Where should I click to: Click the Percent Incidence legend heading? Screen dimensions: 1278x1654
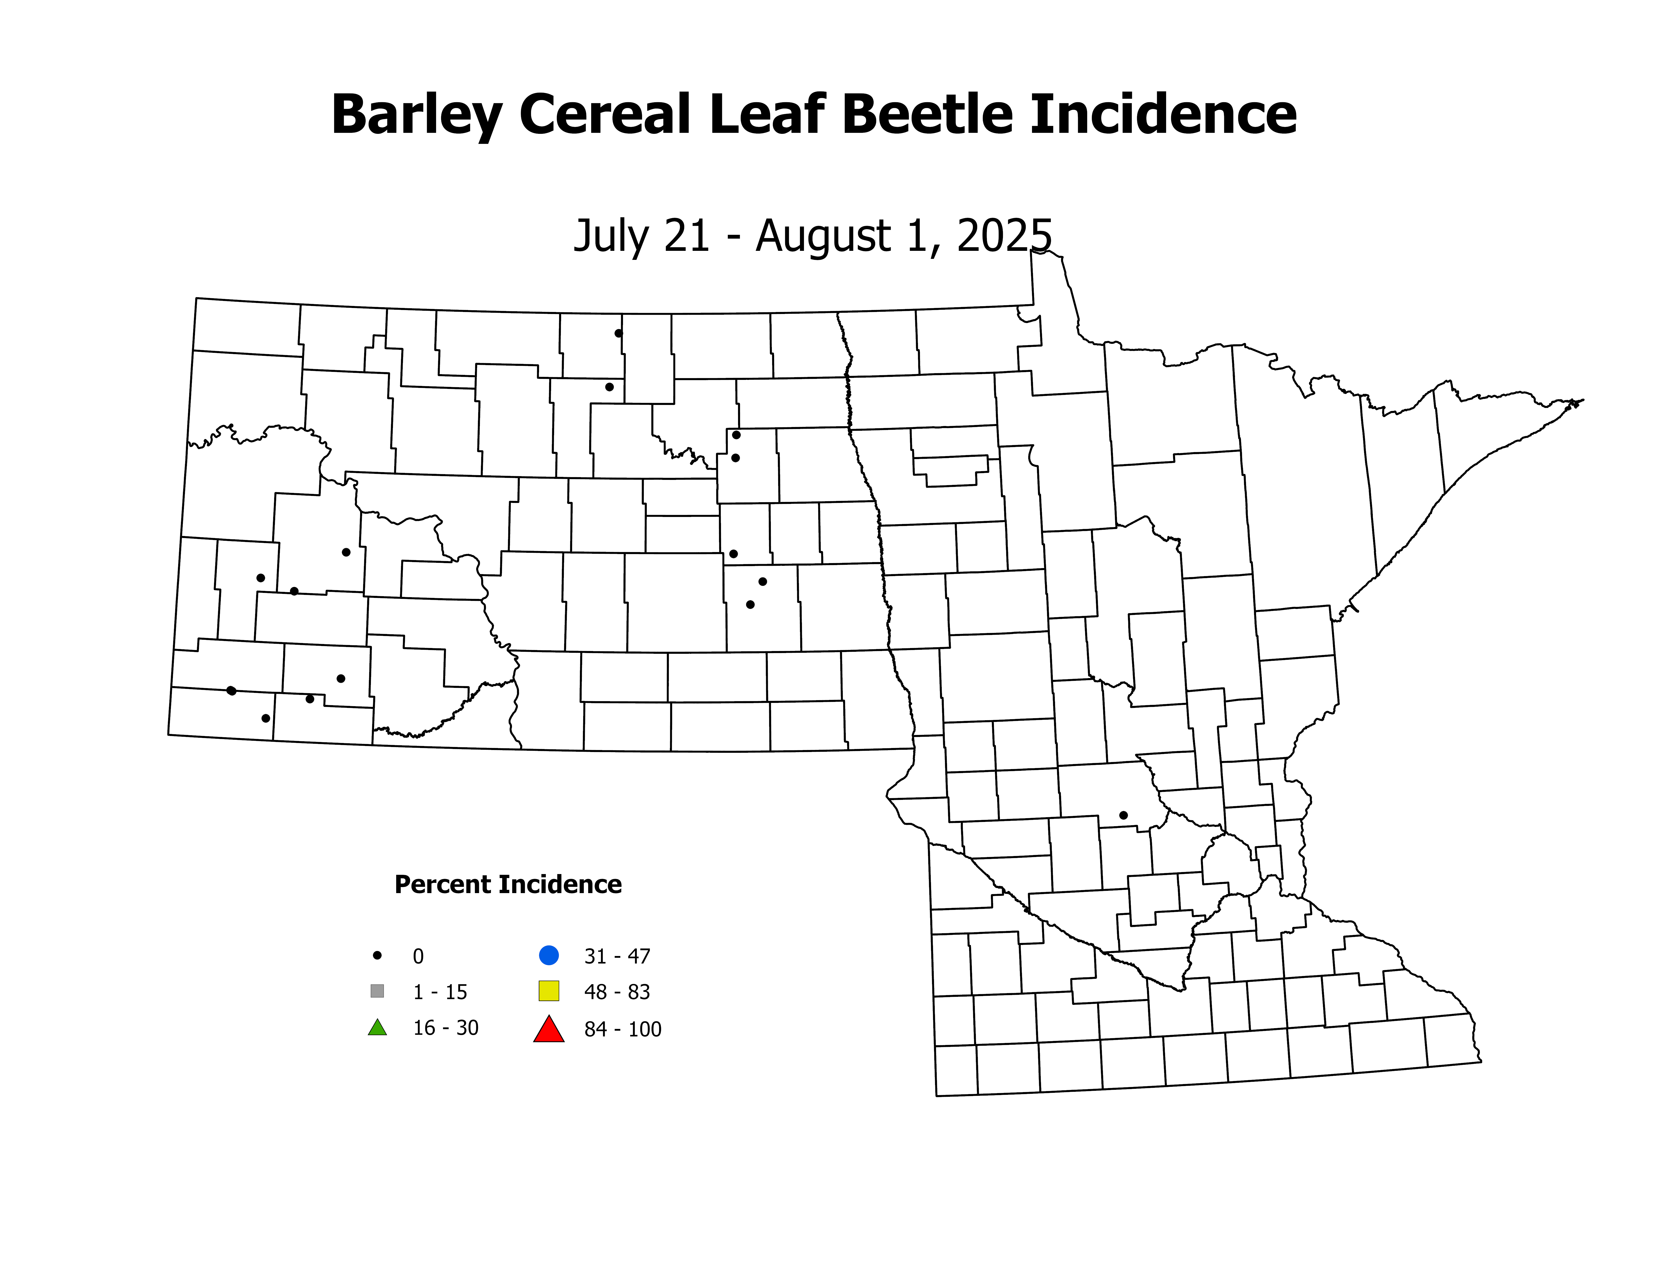click(507, 884)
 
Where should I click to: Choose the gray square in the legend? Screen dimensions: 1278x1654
click(377, 991)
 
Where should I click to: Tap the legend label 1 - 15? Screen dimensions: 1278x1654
click(440, 992)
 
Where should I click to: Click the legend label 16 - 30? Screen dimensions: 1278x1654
click(445, 1028)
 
